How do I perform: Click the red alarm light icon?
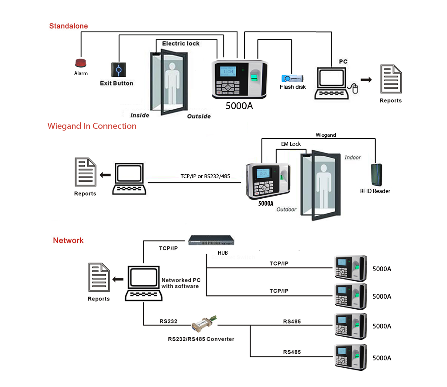click(x=81, y=63)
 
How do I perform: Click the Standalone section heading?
click(x=69, y=26)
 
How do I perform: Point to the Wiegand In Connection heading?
click(x=92, y=126)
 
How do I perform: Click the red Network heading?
click(x=68, y=241)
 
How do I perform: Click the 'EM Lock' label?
click(x=291, y=144)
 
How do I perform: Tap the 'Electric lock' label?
click(x=181, y=44)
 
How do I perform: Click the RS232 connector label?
click(x=168, y=321)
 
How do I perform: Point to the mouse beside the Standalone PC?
click(x=355, y=90)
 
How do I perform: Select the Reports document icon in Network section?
click(x=99, y=277)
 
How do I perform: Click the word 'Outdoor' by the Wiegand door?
click(x=286, y=210)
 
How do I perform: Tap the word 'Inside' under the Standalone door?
click(x=140, y=115)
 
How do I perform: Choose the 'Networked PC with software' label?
click(x=180, y=283)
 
